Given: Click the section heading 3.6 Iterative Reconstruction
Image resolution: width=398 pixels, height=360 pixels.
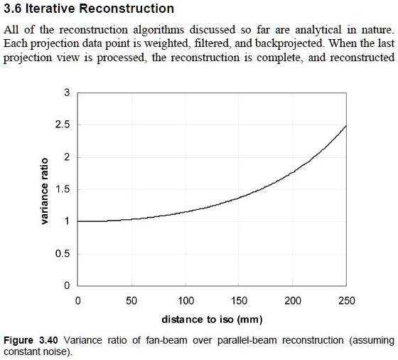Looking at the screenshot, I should click(x=89, y=9).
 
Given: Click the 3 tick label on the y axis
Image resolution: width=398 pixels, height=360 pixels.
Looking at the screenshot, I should click(x=67, y=93).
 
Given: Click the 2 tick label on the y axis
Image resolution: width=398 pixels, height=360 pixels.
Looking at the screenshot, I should click(x=67, y=157).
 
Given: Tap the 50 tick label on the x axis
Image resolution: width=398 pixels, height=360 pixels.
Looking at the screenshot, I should click(x=131, y=300).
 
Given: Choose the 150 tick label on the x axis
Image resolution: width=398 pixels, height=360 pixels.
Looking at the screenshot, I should click(x=239, y=300).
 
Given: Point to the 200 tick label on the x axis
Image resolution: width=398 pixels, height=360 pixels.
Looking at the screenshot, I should click(x=293, y=300).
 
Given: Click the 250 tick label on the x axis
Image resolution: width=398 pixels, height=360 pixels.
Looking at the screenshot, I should click(x=347, y=300).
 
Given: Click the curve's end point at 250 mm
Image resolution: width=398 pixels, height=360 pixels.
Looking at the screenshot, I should click(x=347, y=126).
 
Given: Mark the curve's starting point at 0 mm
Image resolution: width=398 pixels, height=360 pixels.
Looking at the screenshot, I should click(x=77, y=221).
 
